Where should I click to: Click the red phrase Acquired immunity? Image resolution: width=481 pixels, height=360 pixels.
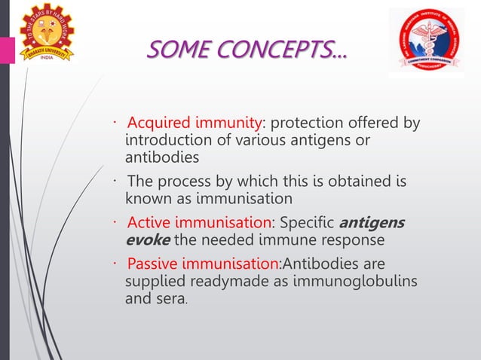point(195,124)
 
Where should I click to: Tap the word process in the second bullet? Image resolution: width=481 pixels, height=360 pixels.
point(185,182)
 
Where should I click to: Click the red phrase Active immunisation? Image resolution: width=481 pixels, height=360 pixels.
point(199,223)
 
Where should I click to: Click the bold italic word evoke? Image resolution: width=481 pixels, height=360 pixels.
point(144,240)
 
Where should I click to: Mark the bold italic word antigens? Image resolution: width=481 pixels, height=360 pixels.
point(372,223)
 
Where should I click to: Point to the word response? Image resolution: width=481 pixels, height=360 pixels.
point(354,240)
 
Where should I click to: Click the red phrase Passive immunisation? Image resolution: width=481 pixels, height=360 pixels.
point(202,264)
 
